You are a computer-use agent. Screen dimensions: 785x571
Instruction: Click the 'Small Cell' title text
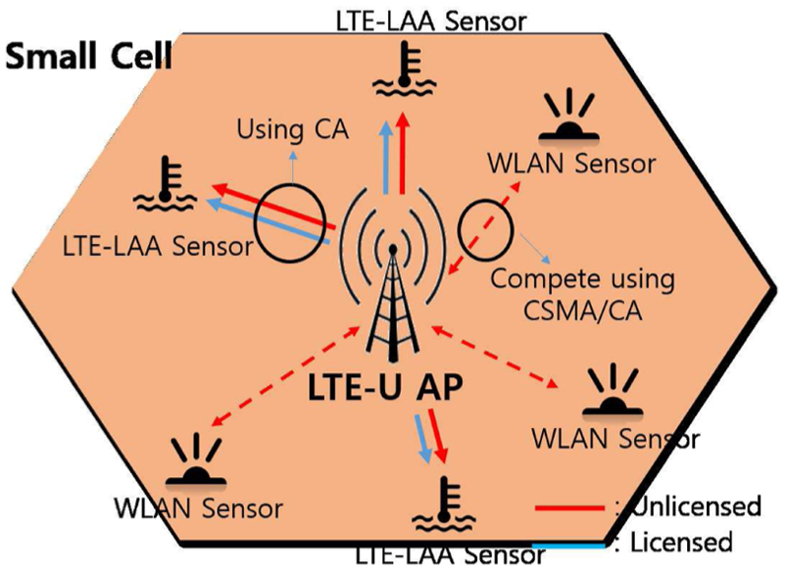pyautogui.click(x=88, y=56)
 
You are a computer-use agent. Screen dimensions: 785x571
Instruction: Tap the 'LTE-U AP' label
pyautogui.click(x=385, y=387)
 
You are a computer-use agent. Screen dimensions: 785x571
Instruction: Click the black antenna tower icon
pyautogui.click(x=393, y=303)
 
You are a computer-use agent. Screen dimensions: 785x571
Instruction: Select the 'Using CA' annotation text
pyautogui.click(x=292, y=129)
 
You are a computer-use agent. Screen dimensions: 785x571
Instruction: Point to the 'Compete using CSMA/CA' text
pyautogui.click(x=583, y=294)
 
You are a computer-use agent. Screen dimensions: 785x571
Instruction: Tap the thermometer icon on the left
pyautogui.click(x=165, y=184)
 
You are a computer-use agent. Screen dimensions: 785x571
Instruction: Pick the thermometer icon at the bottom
pyautogui.click(x=444, y=504)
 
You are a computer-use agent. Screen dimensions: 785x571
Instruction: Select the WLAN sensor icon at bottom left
pyautogui.click(x=196, y=459)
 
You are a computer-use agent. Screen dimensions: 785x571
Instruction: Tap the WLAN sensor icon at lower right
pyautogui.click(x=613, y=391)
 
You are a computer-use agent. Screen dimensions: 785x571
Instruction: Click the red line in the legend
pyautogui.click(x=569, y=508)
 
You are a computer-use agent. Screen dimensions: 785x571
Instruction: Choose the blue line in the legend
pyautogui.click(x=568, y=546)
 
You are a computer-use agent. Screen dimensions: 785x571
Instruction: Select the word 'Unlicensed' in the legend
pyautogui.click(x=697, y=506)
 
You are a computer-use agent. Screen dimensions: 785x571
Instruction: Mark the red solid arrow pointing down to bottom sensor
pyautogui.click(x=436, y=435)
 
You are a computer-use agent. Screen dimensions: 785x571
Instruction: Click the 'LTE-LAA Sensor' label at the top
pyautogui.click(x=431, y=21)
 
